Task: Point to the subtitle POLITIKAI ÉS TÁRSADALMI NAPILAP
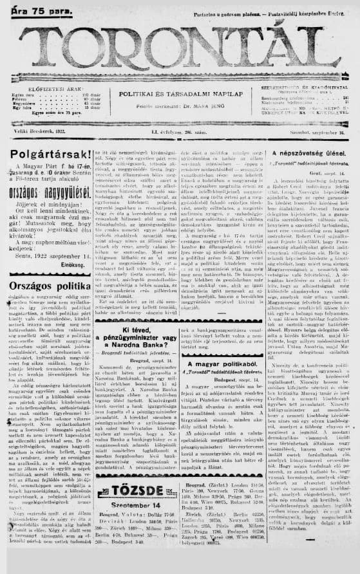pyautogui.click(x=179, y=94)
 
